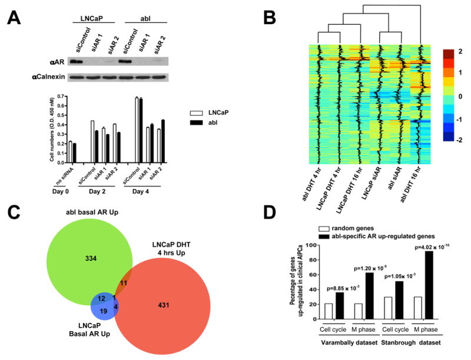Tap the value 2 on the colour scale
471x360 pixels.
(x=462, y=54)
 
